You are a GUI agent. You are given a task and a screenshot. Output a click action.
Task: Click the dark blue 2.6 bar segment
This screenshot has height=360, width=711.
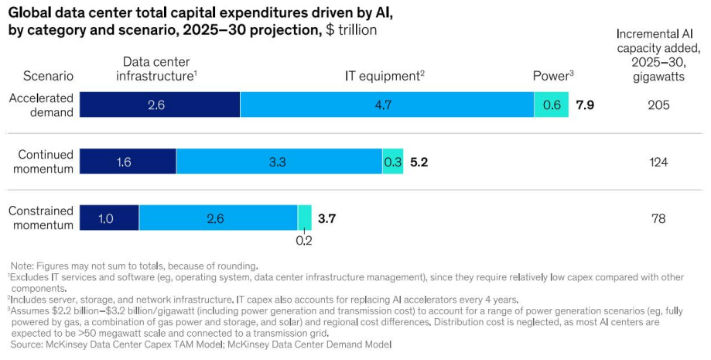(159, 105)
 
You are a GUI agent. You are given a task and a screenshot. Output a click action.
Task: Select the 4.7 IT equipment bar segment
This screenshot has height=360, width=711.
(387, 105)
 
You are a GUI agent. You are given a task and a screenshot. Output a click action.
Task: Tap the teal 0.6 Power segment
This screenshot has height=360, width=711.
(552, 105)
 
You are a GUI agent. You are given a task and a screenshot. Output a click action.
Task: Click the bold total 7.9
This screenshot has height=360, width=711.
(585, 105)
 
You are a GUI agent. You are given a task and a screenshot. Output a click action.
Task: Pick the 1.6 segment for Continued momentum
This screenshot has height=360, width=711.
(128, 161)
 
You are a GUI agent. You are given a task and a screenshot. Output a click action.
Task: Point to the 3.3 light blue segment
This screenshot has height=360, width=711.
(279, 161)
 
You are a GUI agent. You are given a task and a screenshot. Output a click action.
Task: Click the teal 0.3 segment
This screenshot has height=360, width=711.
(393, 161)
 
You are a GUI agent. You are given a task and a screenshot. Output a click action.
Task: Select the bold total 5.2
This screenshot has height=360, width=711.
(419, 162)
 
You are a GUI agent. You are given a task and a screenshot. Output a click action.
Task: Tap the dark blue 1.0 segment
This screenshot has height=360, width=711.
(109, 218)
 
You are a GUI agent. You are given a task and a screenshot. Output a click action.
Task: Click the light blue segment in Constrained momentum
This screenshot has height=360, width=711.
(218, 218)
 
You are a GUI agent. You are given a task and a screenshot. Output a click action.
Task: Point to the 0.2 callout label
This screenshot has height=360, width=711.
(304, 241)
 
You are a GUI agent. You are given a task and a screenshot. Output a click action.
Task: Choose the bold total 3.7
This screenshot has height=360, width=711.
(326, 219)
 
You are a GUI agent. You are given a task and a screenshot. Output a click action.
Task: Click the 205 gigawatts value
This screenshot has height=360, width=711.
(658, 105)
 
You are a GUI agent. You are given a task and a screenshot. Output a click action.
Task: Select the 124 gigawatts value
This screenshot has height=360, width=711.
(658, 162)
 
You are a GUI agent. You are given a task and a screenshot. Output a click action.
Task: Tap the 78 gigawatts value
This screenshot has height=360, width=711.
(658, 219)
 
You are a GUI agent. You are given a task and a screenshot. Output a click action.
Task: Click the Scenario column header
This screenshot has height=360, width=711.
(48, 76)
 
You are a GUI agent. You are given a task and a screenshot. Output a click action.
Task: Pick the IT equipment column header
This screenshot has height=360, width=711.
(385, 76)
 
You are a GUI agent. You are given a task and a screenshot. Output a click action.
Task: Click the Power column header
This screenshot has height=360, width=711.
(553, 76)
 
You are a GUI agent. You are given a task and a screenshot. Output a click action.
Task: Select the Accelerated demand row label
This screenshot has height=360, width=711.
(41, 105)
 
